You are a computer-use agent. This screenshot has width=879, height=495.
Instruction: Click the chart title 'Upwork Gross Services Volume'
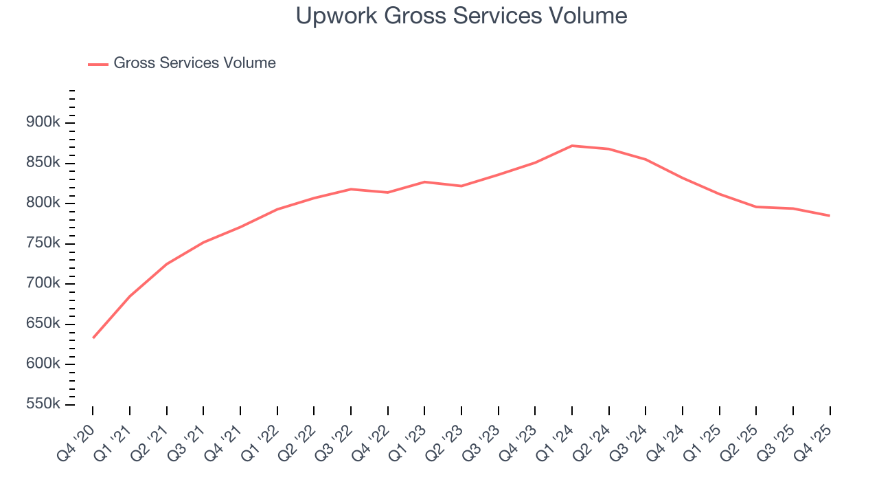(461, 16)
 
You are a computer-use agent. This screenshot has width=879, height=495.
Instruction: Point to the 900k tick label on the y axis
(43, 122)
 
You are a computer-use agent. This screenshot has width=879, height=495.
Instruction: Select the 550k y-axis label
(43, 404)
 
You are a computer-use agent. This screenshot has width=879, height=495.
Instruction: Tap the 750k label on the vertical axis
(43, 243)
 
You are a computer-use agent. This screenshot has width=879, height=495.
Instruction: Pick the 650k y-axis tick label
(43, 324)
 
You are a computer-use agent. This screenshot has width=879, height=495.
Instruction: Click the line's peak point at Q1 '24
(572, 146)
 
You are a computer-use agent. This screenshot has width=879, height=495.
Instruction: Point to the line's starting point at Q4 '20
(93, 338)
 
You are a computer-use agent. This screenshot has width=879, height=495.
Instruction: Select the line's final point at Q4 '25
(830, 216)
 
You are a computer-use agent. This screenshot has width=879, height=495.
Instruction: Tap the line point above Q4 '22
(388, 192)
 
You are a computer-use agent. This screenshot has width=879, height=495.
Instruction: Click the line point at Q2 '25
(756, 207)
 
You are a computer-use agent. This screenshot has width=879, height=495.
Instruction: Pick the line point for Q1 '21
(130, 296)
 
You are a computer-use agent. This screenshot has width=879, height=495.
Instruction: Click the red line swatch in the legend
(98, 64)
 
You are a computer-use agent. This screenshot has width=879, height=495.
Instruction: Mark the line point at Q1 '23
(424, 182)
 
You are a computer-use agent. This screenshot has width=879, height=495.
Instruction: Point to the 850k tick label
(43, 163)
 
